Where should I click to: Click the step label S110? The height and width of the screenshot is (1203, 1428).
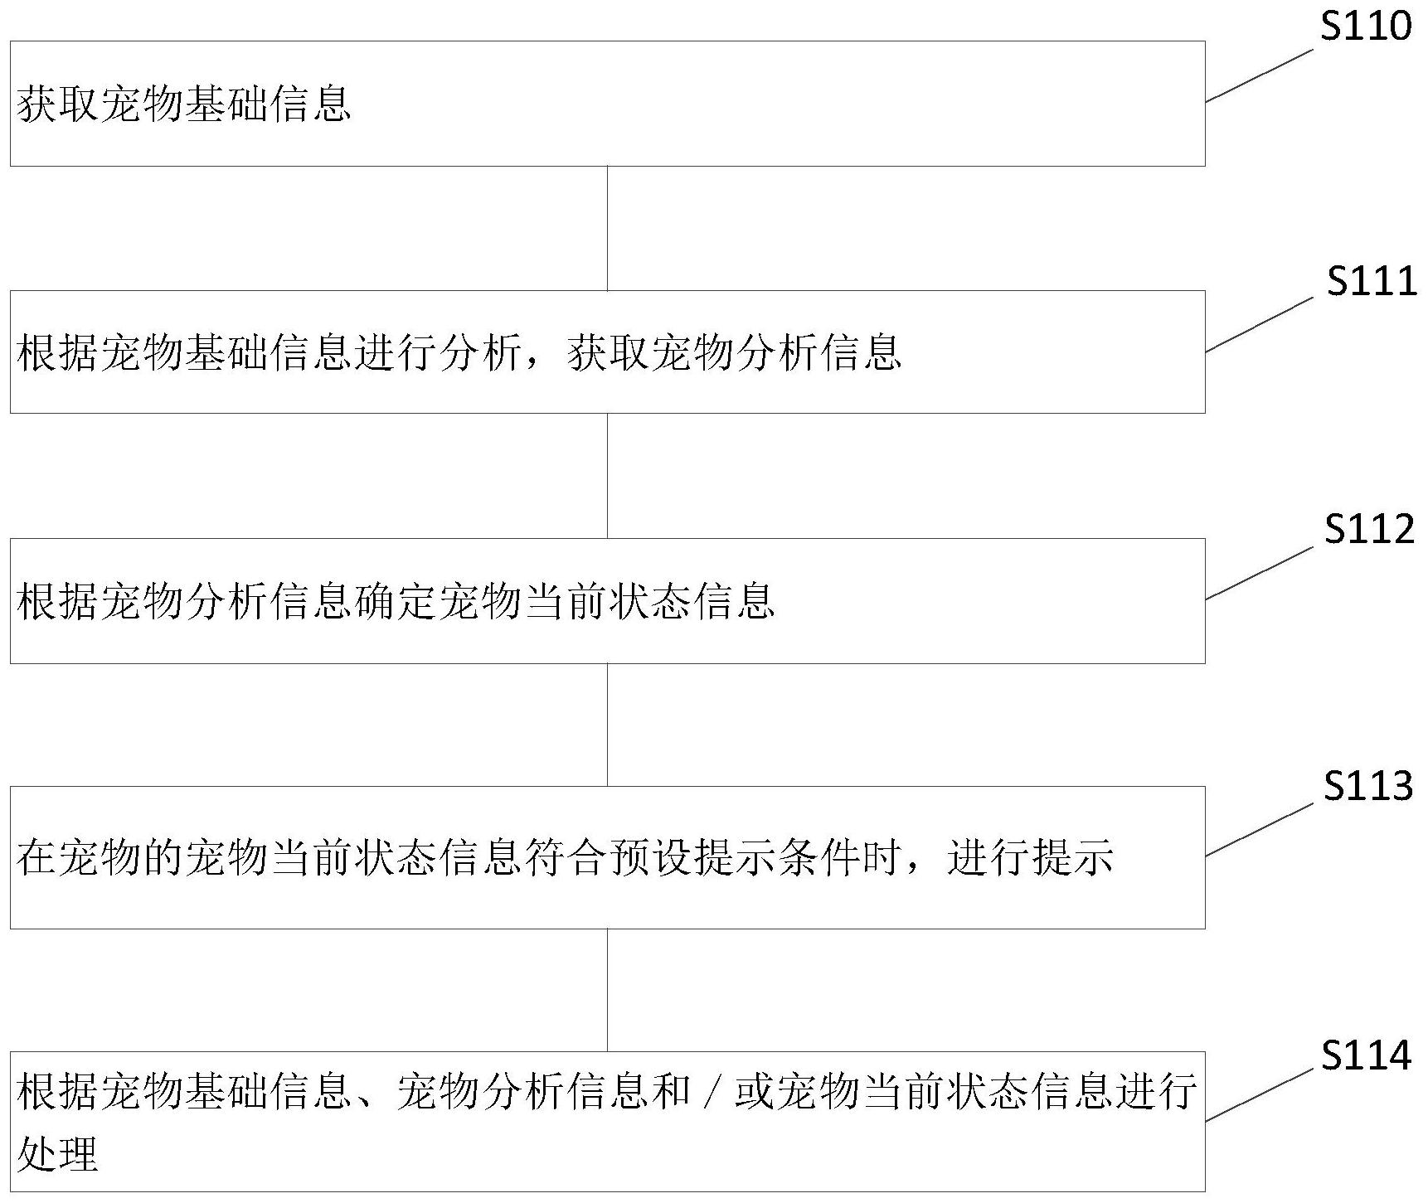click(x=1366, y=27)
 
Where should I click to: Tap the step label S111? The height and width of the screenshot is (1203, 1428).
click(x=1372, y=282)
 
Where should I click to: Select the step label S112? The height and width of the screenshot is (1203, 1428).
click(x=1369, y=529)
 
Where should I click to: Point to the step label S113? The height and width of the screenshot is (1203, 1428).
click(x=1368, y=785)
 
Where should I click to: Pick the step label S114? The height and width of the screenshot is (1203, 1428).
click(x=1366, y=1055)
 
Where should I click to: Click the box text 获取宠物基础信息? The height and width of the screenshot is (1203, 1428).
click(x=184, y=105)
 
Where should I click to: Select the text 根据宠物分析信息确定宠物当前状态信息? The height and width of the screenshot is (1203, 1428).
click(x=396, y=601)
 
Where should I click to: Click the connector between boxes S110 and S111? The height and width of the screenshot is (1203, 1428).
click(x=607, y=228)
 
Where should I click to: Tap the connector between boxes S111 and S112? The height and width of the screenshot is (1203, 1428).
click(x=607, y=475)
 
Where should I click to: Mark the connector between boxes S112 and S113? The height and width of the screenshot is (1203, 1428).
click(x=607, y=724)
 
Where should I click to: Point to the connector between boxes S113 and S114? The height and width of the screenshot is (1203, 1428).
click(x=607, y=989)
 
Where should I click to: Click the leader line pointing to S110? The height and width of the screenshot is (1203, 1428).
click(x=1259, y=75)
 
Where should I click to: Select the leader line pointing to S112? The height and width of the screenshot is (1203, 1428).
click(x=1259, y=573)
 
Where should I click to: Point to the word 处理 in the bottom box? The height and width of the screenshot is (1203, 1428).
click(x=58, y=1153)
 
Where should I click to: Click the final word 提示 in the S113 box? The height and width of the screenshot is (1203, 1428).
click(x=1072, y=858)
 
